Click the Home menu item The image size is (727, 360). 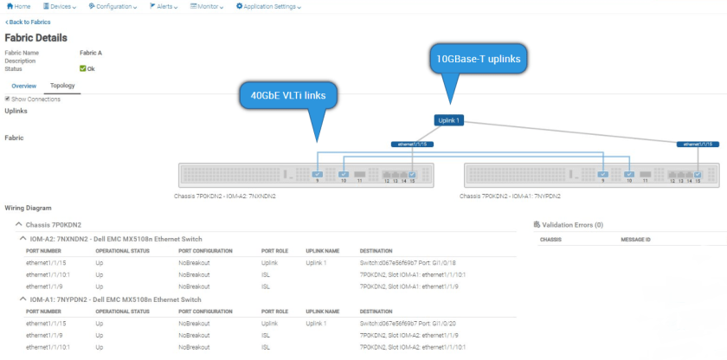pyautogui.click(x=20, y=6)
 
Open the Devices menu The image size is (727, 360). pyautogui.click(x=61, y=6)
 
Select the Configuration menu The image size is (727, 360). pyautogui.click(x=113, y=6)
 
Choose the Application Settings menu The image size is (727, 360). pyautogui.click(x=268, y=6)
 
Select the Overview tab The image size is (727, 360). pyautogui.click(x=23, y=86)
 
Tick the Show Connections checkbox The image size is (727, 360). pyautogui.click(x=8, y=99)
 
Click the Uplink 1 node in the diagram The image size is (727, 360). pyautogui.click(x=449, y=120)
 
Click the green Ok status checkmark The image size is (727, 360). pyautogui.click(x=82, y=68)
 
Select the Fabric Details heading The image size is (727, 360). pyautogui.click(x=35, y=38)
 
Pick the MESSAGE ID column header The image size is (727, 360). pyautogui.click(x=638, y=239)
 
